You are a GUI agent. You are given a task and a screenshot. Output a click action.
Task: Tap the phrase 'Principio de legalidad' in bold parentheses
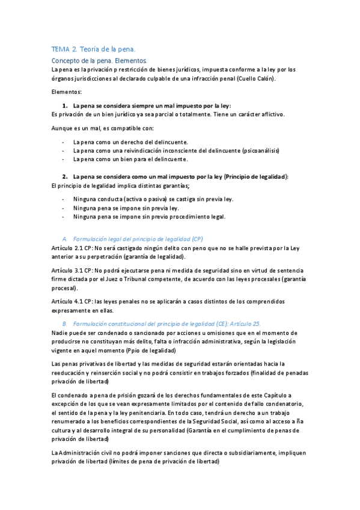click(x=256, y=177)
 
